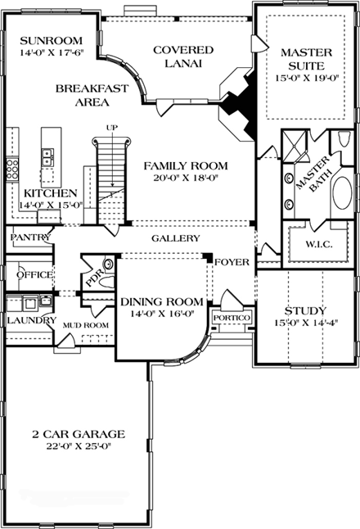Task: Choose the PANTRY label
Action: (31, 237)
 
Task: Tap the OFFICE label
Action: (35, 274)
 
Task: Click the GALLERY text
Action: (175, 238)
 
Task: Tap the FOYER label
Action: (229, 262)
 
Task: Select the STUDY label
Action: (305, 311)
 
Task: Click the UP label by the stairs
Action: (113, 128)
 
